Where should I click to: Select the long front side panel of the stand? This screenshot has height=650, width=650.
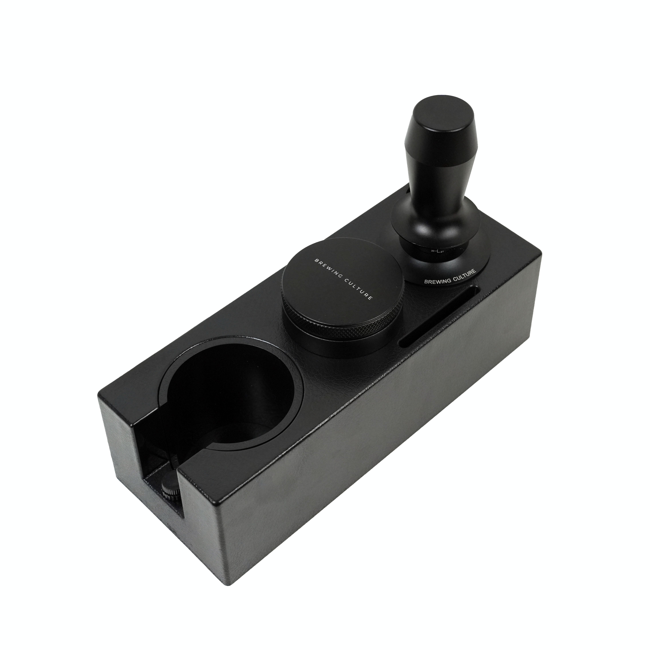tap(370, 454)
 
